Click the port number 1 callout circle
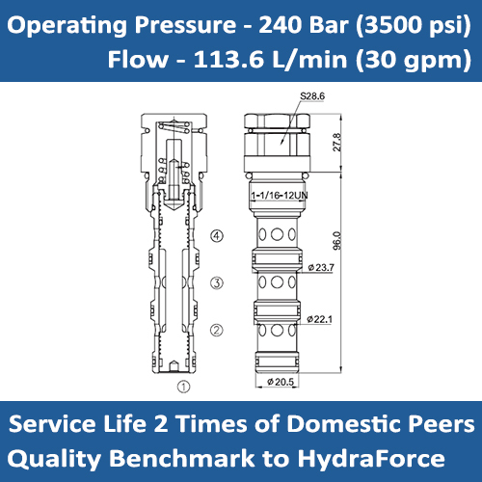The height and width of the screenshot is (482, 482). [182, 388]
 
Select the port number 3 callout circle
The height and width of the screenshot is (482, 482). [217, 282]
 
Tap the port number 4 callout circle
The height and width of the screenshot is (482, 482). [217, 234]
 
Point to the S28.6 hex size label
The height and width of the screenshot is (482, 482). [314, 95]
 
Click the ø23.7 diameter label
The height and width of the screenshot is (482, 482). [320, 267]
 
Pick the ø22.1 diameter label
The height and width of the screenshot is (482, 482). [320, 319]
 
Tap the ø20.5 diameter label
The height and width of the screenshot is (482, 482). [280, 383]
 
